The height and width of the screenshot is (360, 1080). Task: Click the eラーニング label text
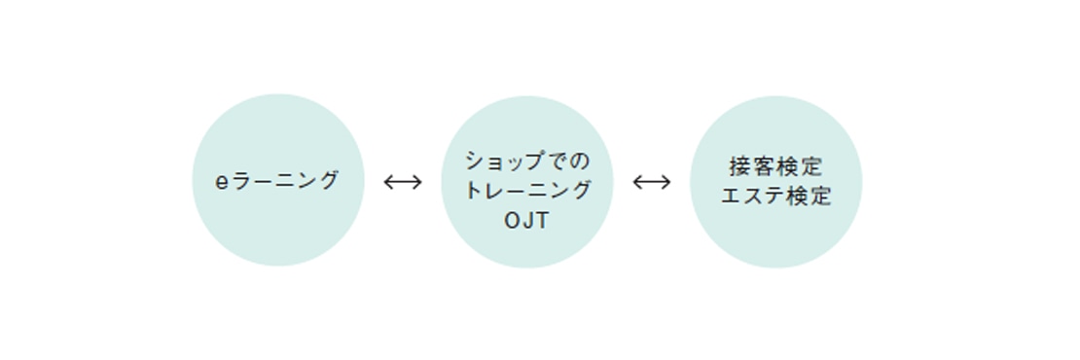[x=277, y=181]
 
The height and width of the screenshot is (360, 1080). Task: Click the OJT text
[x=526, y=221]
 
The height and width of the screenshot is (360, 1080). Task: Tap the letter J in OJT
[x=527, y=221]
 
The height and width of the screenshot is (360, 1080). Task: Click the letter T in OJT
[x=542, y=221]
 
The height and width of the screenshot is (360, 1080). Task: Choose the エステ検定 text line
[x=775, y=196]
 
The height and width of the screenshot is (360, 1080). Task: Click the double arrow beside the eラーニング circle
[x=402, y=181]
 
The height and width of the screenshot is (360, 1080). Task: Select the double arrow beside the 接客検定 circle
[x=651, y=181]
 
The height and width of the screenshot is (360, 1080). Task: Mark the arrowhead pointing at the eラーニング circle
[x=387, y=181]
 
